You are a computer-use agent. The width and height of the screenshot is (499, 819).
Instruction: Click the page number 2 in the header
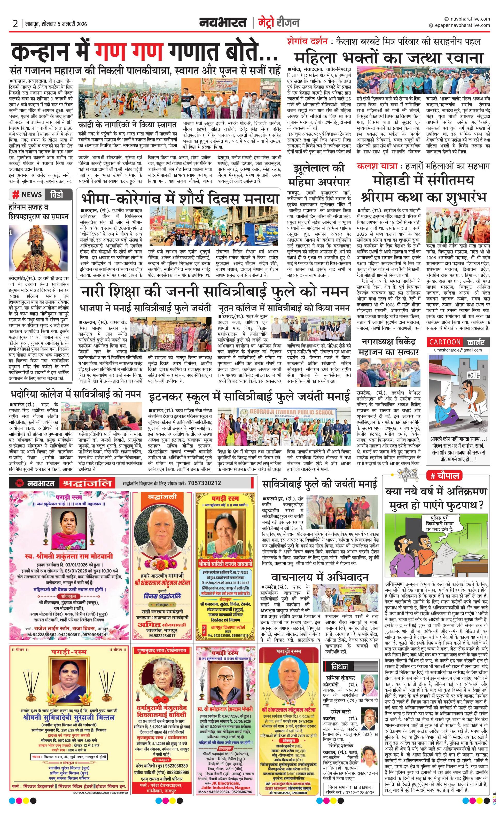(15, 24)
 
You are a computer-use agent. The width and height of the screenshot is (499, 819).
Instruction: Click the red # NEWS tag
(28, 194)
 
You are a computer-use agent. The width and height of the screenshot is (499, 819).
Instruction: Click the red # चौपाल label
(445, 476)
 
